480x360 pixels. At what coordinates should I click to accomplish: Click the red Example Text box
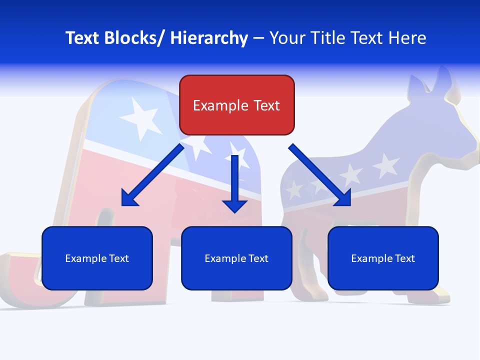[236, 105]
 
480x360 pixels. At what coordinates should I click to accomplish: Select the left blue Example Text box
[97, 258]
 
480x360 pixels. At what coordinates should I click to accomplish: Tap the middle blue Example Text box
[236, 258]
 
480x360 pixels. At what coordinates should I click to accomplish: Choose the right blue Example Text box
[383, 258]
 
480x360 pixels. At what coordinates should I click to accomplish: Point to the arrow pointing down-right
[319, 175]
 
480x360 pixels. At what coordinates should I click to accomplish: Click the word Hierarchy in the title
[209, 38]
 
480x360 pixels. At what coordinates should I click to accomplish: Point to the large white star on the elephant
[141, 117]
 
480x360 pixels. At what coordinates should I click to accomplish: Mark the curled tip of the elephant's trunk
[20, 280]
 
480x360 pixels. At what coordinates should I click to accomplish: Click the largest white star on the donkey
[386, 166]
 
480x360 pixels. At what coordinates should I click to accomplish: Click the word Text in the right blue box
[404, 258]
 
